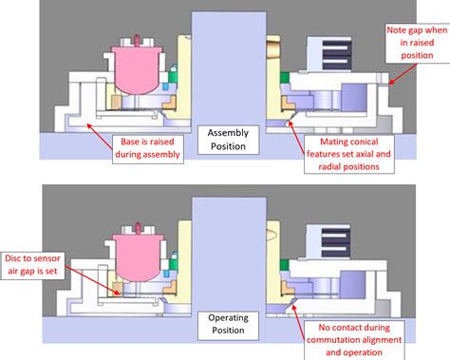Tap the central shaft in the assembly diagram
click(224, 66)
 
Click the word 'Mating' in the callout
click(335, 141)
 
